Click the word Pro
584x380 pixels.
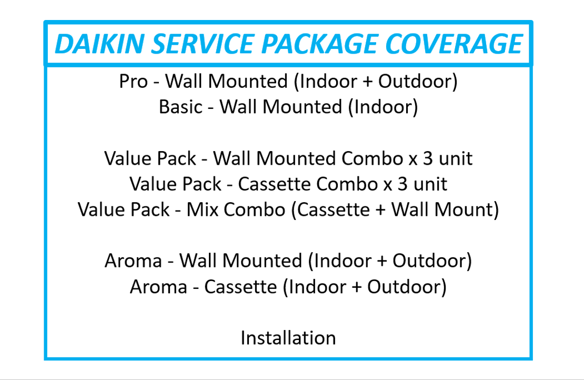(133, 81)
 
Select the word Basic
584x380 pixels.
(180, 107)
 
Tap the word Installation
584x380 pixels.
(288, 338)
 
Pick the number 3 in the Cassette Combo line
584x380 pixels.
(402, 184)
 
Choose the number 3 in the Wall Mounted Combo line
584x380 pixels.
(428, 158)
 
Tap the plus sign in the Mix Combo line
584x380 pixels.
(380, 210)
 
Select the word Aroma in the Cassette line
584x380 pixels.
(158, 287)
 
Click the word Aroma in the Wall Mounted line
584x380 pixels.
(133, 261)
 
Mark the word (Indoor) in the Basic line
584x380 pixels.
(383, 107)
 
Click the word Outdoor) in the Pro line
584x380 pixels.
(418, 82)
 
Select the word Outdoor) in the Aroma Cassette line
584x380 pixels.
(407, 287)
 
